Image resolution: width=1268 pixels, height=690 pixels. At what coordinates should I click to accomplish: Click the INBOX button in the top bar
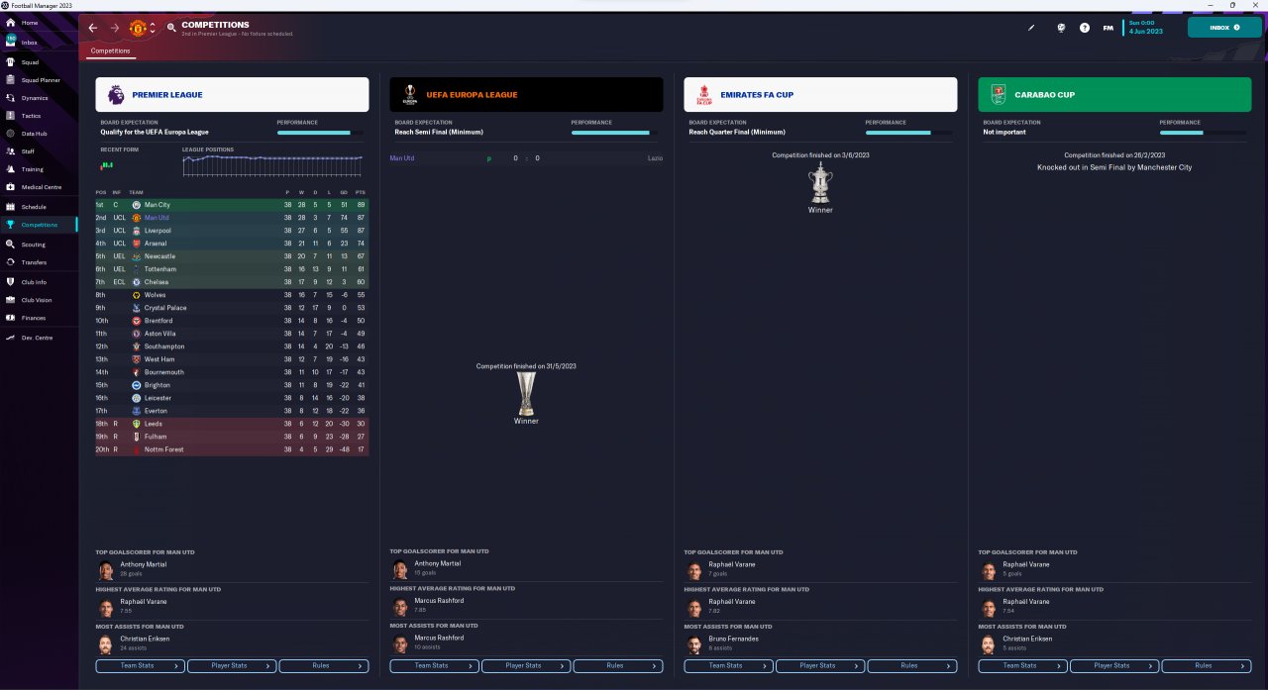(1223, 28)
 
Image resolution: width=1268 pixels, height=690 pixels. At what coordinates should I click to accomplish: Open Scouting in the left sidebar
(33, 244)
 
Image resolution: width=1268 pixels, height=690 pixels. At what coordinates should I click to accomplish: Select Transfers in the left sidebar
(34, 262)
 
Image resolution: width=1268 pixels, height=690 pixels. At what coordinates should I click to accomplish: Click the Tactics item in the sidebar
(32, 116)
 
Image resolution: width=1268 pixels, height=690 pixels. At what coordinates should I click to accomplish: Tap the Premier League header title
(166, 95)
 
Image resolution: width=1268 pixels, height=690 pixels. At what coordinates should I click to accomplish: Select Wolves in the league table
(156, 295)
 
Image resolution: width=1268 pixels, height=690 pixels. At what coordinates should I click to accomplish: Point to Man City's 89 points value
(361, 205)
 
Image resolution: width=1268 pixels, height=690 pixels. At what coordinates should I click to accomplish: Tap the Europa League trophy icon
(526, 393)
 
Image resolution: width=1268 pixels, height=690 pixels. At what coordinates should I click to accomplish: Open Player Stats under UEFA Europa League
(526, 665)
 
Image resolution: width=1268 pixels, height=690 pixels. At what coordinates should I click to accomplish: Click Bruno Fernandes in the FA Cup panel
(733, 639)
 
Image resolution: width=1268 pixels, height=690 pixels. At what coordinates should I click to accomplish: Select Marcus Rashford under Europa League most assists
(439, 638)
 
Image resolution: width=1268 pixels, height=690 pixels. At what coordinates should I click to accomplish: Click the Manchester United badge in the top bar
(139, 28)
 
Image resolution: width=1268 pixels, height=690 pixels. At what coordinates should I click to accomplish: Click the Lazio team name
(655, 158)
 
